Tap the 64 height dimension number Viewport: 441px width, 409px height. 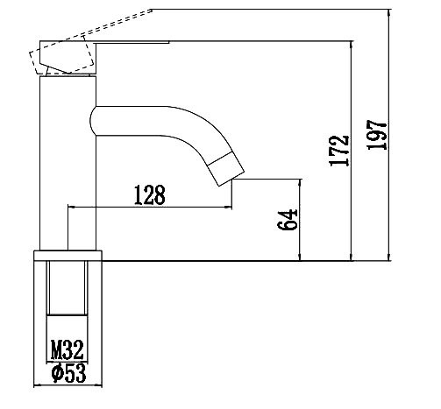(x=285, y=220)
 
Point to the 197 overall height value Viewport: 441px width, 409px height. (x=377, y=135)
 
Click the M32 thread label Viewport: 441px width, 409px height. (x=67, y=351)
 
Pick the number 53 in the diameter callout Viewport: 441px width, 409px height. (x=74, y=373)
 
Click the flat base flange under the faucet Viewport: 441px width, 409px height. (x=68, y=256)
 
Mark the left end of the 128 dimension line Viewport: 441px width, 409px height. (x=68, y=208)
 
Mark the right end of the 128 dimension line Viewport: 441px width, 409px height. (x=234, y=208)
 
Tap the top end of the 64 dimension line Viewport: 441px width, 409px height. (x=301, y=180)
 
